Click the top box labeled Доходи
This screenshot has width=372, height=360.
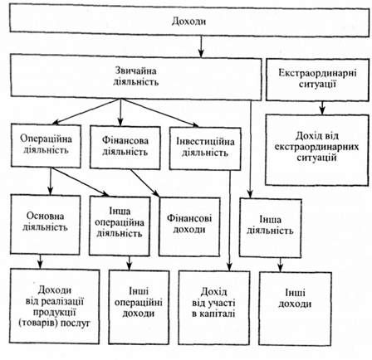pyautogui.click(x=189, y=22)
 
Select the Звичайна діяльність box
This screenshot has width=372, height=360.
pyautogui.click(x=136, y=77)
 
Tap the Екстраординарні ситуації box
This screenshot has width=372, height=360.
pyautogui.click(x=317, y=80)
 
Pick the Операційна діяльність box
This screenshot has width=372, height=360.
pyautogui.click(x=46, y=145)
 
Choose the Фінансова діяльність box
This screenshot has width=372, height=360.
pyautogui.click(x=125, y=147)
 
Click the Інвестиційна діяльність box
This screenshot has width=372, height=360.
pyautogui.click(x=205, y=148)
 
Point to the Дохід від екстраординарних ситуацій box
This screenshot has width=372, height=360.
pyautogui.click(x=317, y=150)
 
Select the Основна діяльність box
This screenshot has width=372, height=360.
pyautogui.click(x=46, y=224)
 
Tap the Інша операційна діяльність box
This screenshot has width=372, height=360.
pyautogui.click(x=120, y=226)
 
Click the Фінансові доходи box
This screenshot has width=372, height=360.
pyautogui.click(x=189, y=226)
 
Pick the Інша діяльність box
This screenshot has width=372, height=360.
pyautogui.click(x=271, y=228)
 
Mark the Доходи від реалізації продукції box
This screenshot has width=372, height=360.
pyautogui.click(x=55, y=306)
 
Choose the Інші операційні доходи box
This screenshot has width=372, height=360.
pyautogui.click(x=139, y=307)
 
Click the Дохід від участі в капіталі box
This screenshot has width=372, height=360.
pyautogui.click(x=214, y=308)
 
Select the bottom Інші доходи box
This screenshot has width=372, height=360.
pyautogui.click(x=295, y=309)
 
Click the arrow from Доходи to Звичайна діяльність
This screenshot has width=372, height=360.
pyautogui.click(x=201, y=46)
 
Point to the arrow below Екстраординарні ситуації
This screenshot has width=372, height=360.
pyautogui.click(x=321, y=107)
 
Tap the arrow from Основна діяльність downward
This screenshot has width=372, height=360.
pyautogui.click(x=41, y=261)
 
